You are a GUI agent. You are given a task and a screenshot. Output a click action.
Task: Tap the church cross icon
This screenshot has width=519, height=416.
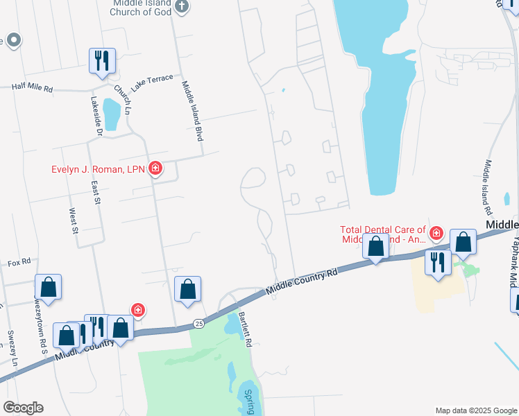click(181, 6)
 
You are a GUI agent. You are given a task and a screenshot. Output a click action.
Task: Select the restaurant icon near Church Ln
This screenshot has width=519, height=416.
click(102, 60)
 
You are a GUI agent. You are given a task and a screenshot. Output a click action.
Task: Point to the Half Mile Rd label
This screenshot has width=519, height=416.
click(33, 88)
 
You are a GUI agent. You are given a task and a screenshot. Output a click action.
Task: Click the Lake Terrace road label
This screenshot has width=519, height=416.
click(152, 83)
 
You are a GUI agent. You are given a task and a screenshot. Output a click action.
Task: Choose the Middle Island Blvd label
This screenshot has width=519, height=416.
click(192, 111)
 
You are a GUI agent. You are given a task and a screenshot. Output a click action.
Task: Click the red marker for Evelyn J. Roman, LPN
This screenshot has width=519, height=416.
click(155, 168)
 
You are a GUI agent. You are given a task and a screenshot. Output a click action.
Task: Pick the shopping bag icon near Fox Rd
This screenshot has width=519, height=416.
click(49, 286)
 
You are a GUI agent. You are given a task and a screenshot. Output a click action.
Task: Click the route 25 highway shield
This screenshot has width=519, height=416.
click(199, 323)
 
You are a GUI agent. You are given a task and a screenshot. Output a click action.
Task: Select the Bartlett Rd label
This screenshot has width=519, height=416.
click(244, 324)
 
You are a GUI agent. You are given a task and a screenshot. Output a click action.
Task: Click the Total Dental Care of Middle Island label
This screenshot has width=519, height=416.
click(383, 234)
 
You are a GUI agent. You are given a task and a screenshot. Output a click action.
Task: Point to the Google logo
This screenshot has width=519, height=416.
click(23, 408)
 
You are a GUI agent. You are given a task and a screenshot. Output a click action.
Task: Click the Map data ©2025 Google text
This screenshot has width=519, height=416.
click(476, 410)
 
